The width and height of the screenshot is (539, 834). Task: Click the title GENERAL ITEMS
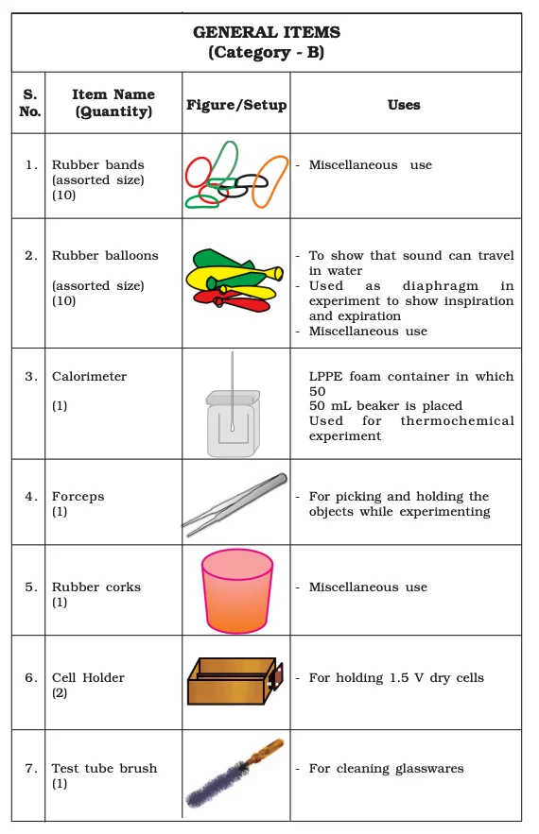[x=266, y=32]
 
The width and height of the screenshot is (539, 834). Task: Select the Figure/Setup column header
[x=236, y=104]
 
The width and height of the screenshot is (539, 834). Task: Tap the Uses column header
[x=404, y=104]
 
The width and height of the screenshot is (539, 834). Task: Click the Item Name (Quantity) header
[x=113, y=103]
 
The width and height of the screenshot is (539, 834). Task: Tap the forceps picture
[x=235, y=504]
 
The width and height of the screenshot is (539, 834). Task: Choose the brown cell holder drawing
[x=235, y=681]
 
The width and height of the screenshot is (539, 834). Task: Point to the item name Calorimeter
[x=89, y=376]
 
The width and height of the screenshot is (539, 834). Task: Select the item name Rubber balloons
[x=105, y=255]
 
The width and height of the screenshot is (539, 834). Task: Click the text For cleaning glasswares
[x=386, y=768]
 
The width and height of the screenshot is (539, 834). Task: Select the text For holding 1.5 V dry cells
[x=396, y=677]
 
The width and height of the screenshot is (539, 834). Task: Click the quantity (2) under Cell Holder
[x=60, y=692]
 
